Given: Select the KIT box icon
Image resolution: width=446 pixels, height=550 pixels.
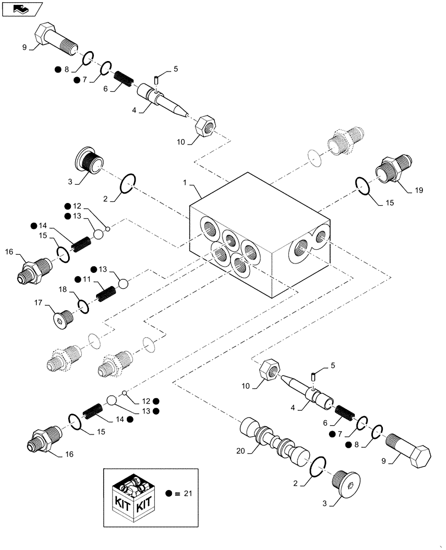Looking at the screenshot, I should [132, 496].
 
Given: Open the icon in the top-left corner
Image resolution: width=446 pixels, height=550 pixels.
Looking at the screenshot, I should [22, 9].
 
